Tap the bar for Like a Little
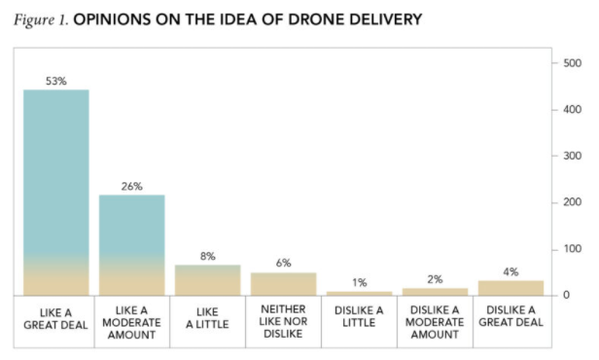(207, 280)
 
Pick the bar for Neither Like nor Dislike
(283, 284)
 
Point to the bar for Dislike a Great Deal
(511, 288)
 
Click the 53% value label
(56, 81)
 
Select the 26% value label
(132, 186)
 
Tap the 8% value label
(207, 256)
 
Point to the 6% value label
(283, 264)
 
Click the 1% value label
(359, 283)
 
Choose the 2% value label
(435, 279)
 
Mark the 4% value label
(511, 271)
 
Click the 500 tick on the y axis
(573, 63)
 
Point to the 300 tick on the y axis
(573, 156)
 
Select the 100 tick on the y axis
(573, 249)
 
